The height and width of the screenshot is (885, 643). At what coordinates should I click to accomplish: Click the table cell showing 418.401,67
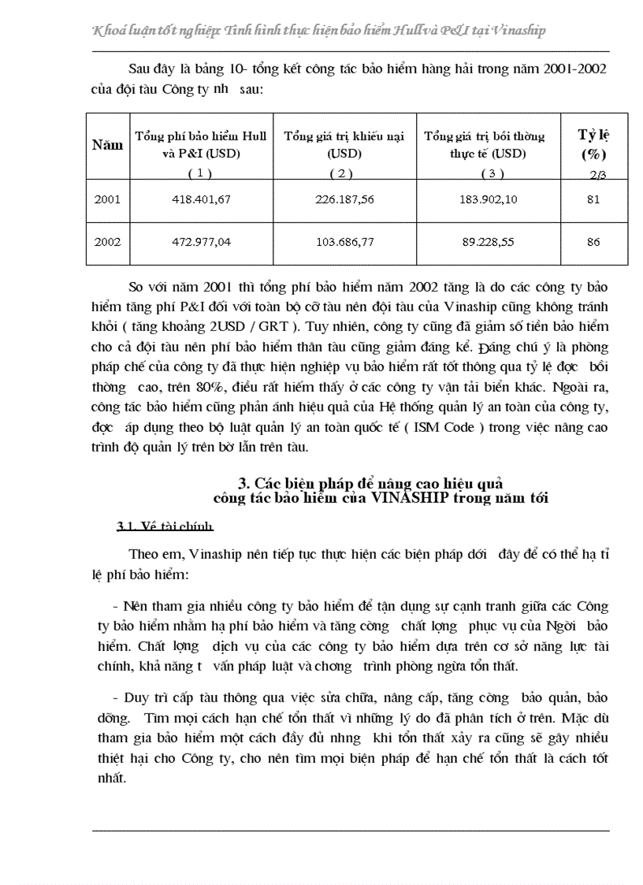[x=201, y=199]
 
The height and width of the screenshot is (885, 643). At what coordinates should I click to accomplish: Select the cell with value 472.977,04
[x=201, y=242]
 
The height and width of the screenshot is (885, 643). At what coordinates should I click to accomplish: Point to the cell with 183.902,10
[x=488, y=199]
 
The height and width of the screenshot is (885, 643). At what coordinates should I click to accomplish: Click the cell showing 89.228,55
[x=488, y=242]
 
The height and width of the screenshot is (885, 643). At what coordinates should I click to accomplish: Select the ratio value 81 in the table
[x=593, y=199]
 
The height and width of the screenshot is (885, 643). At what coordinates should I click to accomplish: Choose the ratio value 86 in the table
[x=593, y=242]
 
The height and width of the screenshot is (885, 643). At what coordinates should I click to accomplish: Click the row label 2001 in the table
[x=107, y=199]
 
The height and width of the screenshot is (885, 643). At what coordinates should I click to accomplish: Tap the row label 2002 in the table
[x=107, y=242]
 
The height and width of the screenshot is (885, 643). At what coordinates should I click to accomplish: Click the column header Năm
[x=107, y=145]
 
